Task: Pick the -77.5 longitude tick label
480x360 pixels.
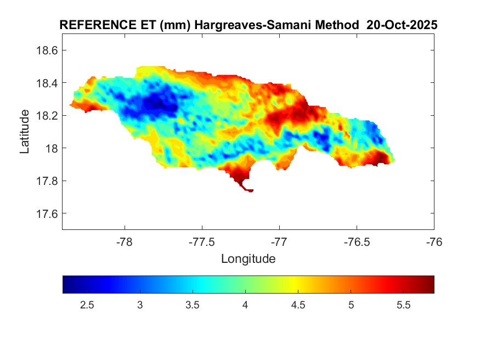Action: [x=202, y=241]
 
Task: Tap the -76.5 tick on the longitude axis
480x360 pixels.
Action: [x=357, y=241]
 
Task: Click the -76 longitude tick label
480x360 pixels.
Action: [x=434, y=241]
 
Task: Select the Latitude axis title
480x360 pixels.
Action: [x=25, y=132]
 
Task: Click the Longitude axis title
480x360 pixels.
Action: [x=248, y=258]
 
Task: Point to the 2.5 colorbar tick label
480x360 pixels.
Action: [x=87, y=306]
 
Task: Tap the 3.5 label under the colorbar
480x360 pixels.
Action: [x=193, y=306]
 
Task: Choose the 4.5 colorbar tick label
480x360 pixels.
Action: [x=298, y=306]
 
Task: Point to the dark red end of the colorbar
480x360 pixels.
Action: [x=428, y=284]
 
